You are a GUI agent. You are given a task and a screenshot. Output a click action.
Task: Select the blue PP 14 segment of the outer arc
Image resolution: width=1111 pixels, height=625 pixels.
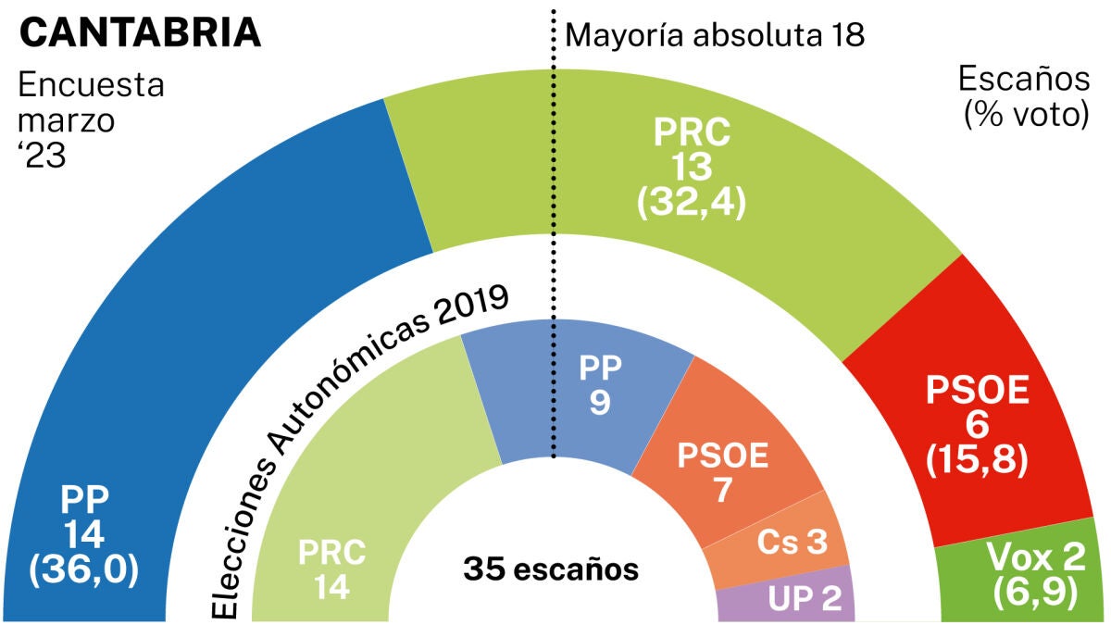pos(185,352)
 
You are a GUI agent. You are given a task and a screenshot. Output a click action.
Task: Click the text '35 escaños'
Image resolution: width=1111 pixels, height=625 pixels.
pos(552,569)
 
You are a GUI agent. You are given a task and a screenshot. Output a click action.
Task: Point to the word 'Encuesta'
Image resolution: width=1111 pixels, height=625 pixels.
pos(91,85)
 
